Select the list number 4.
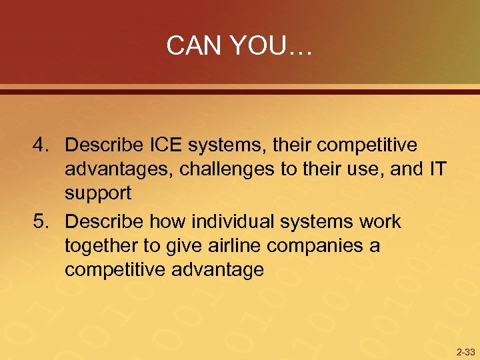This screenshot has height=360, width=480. [42, 145]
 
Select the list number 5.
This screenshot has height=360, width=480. [42, 221]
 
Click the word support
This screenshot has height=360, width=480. [99, 194]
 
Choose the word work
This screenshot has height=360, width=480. [379, 221]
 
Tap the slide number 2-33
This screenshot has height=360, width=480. [465, 351]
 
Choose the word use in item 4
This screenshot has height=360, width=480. [368, 169]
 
